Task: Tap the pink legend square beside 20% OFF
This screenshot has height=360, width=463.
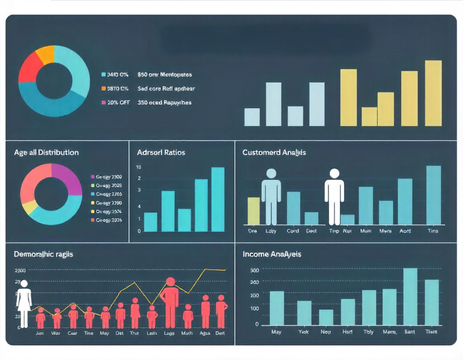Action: [x=104, y=103]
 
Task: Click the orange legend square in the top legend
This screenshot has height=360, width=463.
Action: [x=104, y=89]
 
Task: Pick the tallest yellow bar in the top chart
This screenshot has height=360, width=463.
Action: [x=433, y=93]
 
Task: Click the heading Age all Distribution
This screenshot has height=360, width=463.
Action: [x=46, y=152]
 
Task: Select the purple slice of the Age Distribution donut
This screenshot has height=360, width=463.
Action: [x=65, y=177]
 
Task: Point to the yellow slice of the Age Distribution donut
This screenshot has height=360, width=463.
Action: [x=30, y=207]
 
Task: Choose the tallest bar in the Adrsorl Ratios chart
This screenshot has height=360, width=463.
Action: [x=218, y=199]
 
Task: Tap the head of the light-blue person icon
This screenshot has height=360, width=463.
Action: [x=271, y=173]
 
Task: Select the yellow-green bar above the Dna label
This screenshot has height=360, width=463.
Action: [x=254, y=211]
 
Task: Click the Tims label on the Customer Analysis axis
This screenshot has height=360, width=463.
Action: [x=433, y=231]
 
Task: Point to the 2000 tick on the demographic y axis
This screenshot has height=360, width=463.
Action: [x=20, y=270]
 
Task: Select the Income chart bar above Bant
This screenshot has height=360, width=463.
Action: [x=410, y=296]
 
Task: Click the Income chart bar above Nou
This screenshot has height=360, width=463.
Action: [x=326, y=317]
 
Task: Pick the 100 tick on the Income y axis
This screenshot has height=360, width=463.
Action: [x=255, y=308]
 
